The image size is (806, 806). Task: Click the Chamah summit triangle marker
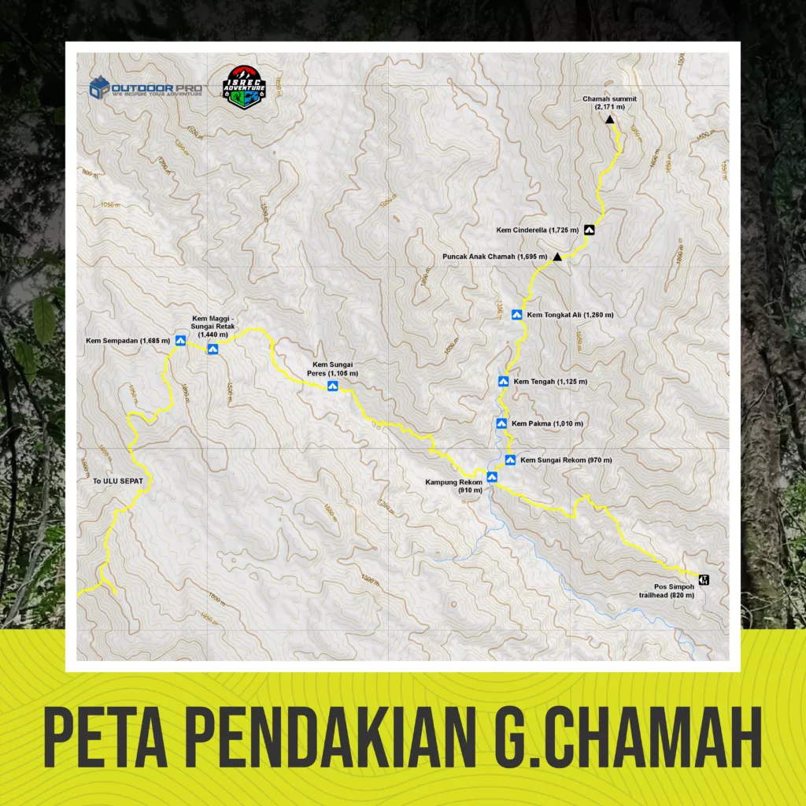pos(609,120)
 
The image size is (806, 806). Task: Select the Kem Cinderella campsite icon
pos(589,230)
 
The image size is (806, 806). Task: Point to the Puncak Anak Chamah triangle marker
pos(557,257)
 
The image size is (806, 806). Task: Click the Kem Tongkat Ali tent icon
pos(517,315)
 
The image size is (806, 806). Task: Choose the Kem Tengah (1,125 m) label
pos(550,382)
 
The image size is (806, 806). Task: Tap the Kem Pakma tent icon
pos(501,423)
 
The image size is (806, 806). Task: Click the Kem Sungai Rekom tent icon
pos(510,460)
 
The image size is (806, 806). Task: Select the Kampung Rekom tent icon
pos(492,475)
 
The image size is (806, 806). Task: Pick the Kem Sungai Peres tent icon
pos(333,386)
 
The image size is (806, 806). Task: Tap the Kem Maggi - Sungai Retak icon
pos(213,349)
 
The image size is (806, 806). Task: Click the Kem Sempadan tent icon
pos(180,341)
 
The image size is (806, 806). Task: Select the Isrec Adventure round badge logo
pos(243,87)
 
